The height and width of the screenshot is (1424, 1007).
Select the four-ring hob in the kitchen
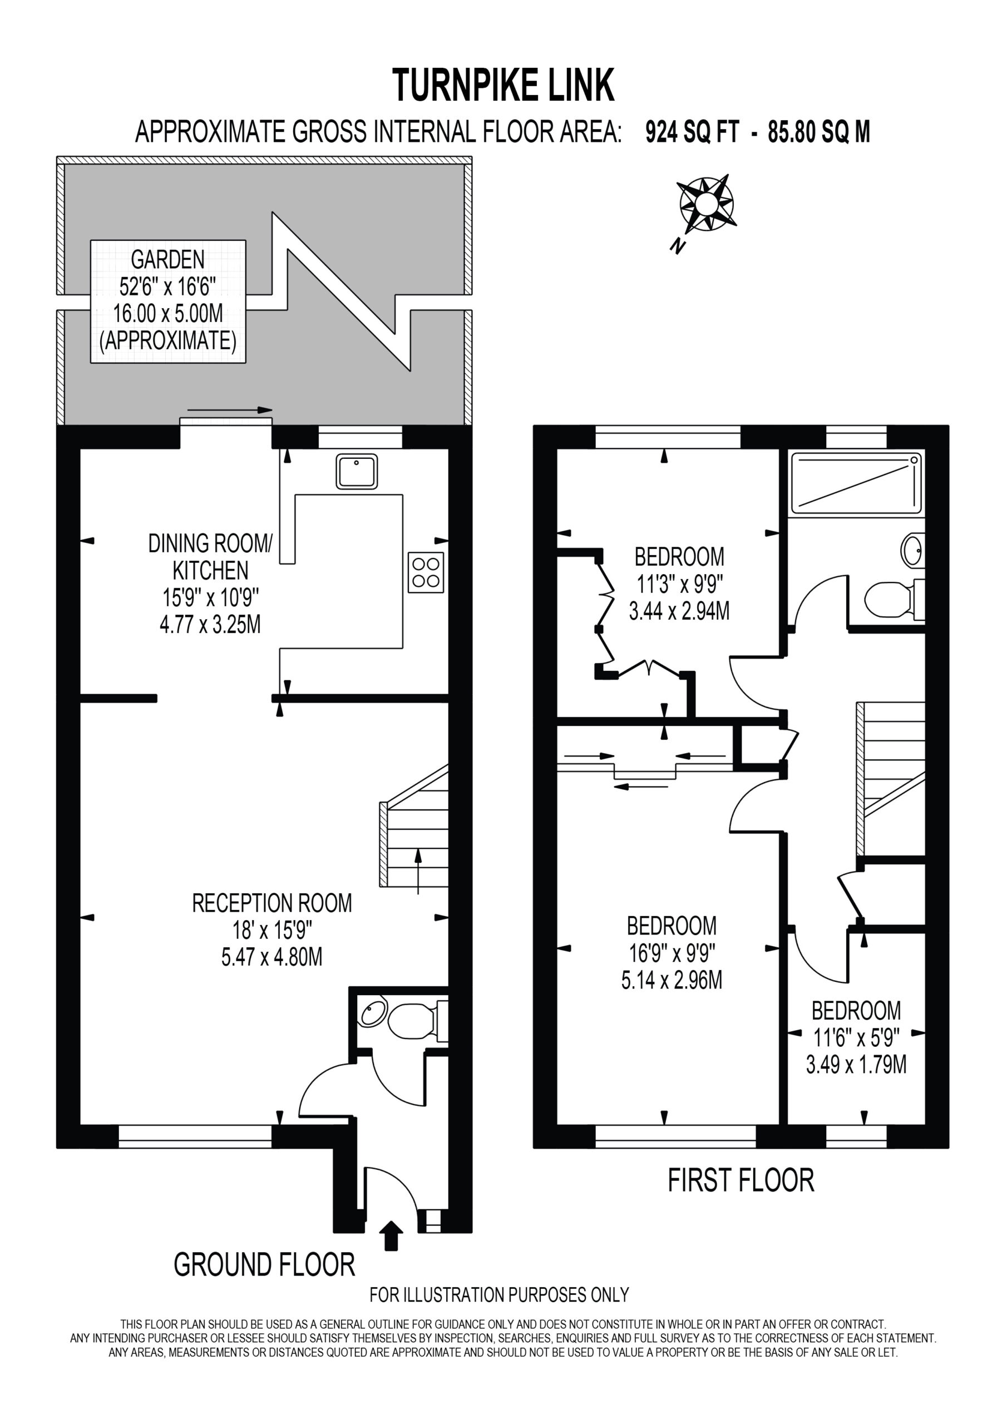pos(426,572)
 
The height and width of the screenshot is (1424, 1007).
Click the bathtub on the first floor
pos(856,483)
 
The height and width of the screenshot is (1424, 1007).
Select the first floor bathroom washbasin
pos(912,550)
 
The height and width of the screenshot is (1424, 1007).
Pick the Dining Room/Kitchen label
pos(210,557)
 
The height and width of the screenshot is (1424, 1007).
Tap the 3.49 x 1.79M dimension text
pos(856,1065)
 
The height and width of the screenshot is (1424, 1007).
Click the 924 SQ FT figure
pos(693,132)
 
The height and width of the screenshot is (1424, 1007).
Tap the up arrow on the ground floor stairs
pos(418,872)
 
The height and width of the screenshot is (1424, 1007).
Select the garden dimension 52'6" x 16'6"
pos(167,286)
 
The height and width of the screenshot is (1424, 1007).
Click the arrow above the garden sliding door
pos(230,410)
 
